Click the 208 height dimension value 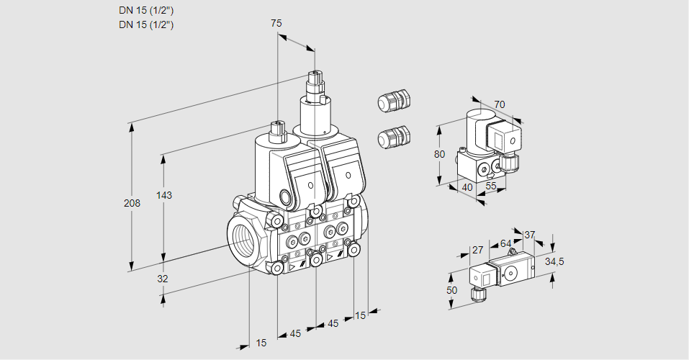coord(132,203)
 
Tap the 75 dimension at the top coord(276,23)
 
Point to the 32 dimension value coord(163,279)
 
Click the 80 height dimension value coord(441,154)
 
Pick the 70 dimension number coord(500,104)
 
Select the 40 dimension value coord(467,187)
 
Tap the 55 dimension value coord(491,187)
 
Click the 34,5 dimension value coord(554,261)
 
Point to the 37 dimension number coord(530,234)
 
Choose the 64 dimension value coord(505,243)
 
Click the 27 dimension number coord(477,250)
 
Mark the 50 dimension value coord(451,289)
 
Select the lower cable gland coord(393,137)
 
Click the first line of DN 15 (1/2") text coord(147,11)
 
